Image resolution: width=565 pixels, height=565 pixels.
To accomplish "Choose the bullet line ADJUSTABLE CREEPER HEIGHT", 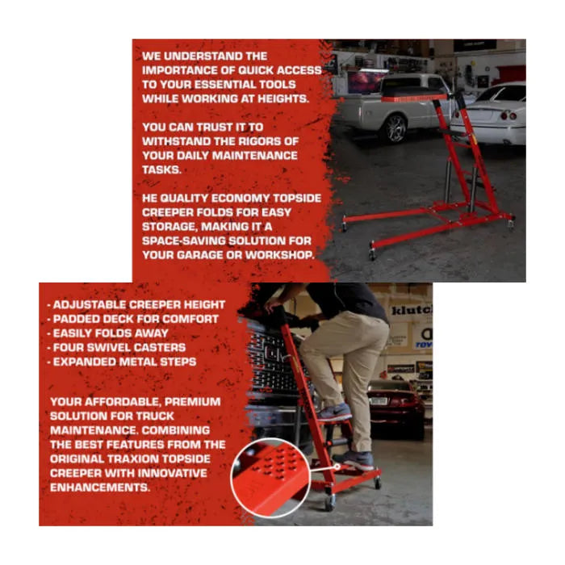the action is pos(136,305).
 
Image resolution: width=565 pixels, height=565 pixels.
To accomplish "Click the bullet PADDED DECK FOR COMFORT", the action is pos(133,320).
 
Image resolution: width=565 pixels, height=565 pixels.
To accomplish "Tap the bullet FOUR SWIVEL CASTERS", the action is pos(116,348).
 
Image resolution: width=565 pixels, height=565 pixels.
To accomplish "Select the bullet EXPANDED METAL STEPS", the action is pos(122,362).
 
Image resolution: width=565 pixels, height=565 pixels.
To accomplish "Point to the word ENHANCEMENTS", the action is pos(100,488).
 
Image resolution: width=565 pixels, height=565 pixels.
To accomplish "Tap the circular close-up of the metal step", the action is pos(270,478).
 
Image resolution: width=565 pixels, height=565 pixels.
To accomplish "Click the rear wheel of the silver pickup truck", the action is pos(395,128).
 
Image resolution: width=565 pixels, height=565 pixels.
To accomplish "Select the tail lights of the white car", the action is pos(508,115).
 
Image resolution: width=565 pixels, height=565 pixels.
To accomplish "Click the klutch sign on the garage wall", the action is pos(411,310).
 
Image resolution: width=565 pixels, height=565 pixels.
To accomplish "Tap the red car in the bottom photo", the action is pos(395,406).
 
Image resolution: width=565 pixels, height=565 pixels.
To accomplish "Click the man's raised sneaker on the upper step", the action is pos(334,412).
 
